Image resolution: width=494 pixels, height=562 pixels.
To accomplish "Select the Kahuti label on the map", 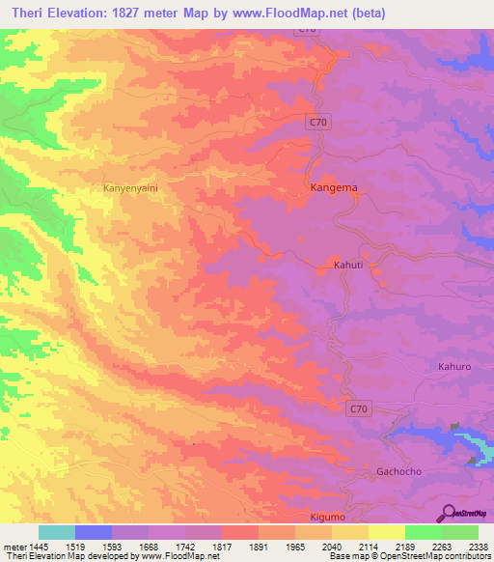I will (x=348, y=264).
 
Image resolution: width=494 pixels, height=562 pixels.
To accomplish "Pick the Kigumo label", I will (x=327, y=518).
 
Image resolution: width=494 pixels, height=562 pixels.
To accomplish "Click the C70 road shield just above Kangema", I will (x=319, y=122).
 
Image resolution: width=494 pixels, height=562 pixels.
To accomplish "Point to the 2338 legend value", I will (x=478, y=546).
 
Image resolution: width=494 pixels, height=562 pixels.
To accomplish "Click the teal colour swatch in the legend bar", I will (x=57, y=532).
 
